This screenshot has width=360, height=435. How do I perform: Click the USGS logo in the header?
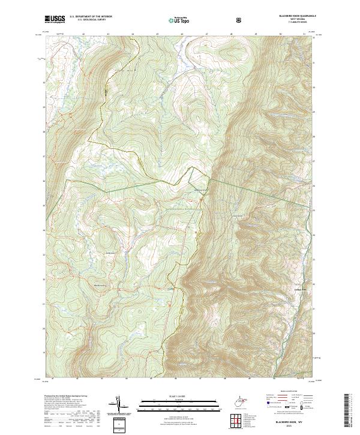click(55, 20)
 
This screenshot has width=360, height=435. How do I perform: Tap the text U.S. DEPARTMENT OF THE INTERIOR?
click(91, 17)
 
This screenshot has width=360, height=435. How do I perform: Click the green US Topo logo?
click(173, 20)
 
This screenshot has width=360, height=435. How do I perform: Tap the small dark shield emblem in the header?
click(240, 20)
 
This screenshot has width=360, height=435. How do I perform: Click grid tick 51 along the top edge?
click(305, 34)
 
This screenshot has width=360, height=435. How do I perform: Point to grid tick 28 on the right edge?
click(316, 136)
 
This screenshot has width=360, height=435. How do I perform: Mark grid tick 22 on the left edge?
click(43, 280)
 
